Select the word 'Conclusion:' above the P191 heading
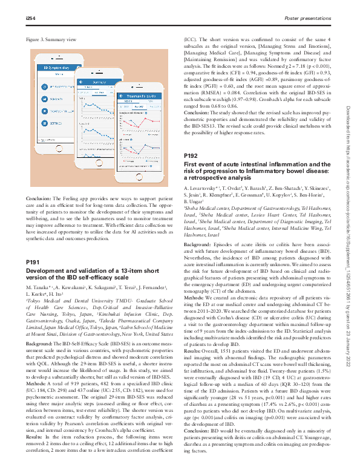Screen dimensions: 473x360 (38, 199)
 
